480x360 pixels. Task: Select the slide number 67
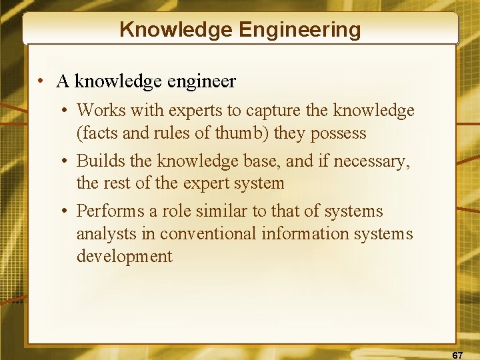coord(457,355)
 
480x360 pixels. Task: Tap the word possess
coord(337,133)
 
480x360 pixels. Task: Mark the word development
coord(125,257)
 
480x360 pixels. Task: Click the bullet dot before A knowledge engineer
coord(41,82)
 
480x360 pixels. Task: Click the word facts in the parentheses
coord(97,133)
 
